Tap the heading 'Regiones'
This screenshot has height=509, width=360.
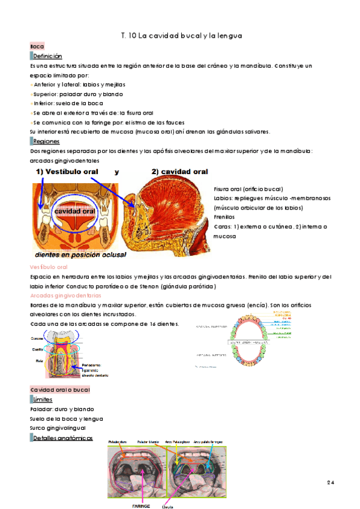[46, 142]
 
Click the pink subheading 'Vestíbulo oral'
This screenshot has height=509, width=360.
[49, 267]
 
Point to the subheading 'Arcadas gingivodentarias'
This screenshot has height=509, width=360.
[63, 296]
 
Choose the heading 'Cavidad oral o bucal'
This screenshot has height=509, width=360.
[60, 390]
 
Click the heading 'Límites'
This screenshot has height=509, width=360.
[43, 400]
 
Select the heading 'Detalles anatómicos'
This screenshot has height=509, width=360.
[63, 438]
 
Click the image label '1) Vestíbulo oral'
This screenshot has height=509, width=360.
[67, 172]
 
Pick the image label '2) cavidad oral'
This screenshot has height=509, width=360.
[179, 172]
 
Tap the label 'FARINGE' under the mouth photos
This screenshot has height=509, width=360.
[140, 506]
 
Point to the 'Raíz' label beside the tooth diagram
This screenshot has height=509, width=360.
[40, 361]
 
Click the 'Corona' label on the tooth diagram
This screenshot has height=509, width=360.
[38, 339]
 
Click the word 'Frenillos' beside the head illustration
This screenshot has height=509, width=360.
[224, 217]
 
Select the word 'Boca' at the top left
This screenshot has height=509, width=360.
[37, 46]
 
